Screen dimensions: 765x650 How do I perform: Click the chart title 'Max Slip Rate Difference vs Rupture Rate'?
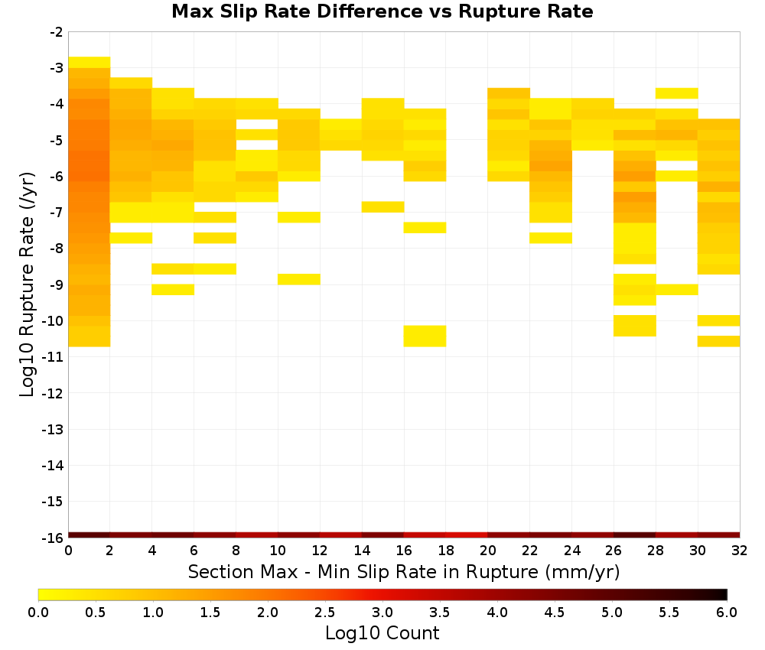coord(382,11)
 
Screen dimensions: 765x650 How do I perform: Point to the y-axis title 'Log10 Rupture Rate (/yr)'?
coord(27,284)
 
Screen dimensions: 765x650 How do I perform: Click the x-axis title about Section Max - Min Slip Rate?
coord(403,571)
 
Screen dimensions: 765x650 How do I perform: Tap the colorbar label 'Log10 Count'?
coord(382,633)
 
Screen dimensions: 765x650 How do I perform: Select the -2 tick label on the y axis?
coord(56,32)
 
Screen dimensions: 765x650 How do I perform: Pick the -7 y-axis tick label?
coord(56,213)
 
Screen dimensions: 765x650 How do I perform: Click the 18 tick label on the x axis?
coord(446,551)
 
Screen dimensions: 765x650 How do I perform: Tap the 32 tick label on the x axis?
coord(740,551)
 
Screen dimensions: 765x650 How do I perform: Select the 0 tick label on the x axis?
coord(68,551)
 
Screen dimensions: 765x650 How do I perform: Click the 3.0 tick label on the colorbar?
coord(382,612)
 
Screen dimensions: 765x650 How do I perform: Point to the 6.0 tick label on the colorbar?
coord(727,612)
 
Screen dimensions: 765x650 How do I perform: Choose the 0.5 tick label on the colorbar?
coord(95,612)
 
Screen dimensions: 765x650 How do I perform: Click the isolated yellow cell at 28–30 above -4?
coord(677,93)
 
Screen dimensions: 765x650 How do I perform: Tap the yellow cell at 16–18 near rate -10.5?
coord(425,336)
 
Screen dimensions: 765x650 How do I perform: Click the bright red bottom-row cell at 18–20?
coord(467,535)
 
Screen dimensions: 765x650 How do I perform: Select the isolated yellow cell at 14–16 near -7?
coord(383,206)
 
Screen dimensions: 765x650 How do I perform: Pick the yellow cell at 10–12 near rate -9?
coord(299,279)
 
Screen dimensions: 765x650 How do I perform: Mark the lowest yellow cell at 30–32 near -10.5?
coord(718,341)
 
